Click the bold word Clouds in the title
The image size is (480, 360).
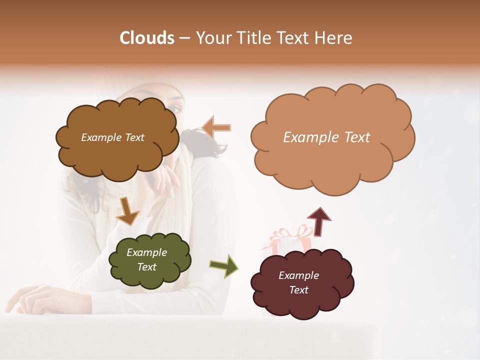point(147,38)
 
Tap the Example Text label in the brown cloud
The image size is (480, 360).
point(112,137)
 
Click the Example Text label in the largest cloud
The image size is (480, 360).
point(326,137)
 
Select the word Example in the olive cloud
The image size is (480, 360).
point(146,252)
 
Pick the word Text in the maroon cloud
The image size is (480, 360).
point(298,290)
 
